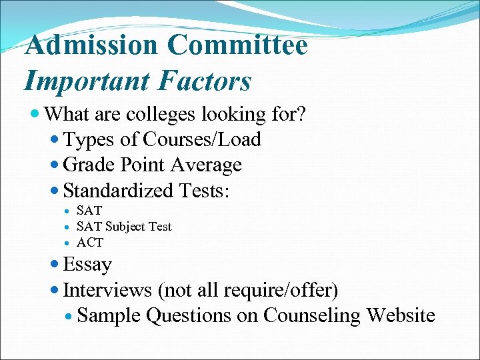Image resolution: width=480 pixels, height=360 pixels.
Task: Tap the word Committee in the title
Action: (x=238, y=45)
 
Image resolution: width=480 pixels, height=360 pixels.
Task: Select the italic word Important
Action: (x=78, y=81)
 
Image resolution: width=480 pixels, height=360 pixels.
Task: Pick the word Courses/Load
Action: (x=202, y=139)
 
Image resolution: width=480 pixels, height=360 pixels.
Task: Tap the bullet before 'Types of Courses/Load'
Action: (x=55, y=139)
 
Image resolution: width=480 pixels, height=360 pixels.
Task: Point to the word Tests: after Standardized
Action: (x=203, y=191)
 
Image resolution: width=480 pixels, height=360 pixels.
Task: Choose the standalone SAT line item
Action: (x=89, y=211)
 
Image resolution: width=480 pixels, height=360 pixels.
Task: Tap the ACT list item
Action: (x=90, y=242)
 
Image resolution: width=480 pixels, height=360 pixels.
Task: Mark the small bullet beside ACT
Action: (x=68, y=242)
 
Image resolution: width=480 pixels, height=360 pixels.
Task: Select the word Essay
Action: (x=87, y=265)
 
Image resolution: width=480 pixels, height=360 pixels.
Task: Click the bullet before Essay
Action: (x=55, y=265)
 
